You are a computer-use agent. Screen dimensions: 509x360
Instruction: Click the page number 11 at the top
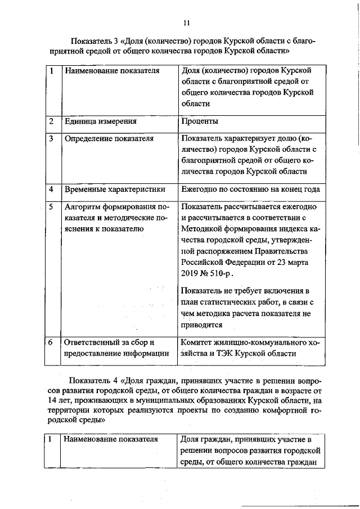[187, 22]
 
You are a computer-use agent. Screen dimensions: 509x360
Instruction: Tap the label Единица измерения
[101, 121]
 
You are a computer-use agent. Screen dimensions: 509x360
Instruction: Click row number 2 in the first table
[51, 121]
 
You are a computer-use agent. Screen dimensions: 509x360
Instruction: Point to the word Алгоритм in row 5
[83, 206]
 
